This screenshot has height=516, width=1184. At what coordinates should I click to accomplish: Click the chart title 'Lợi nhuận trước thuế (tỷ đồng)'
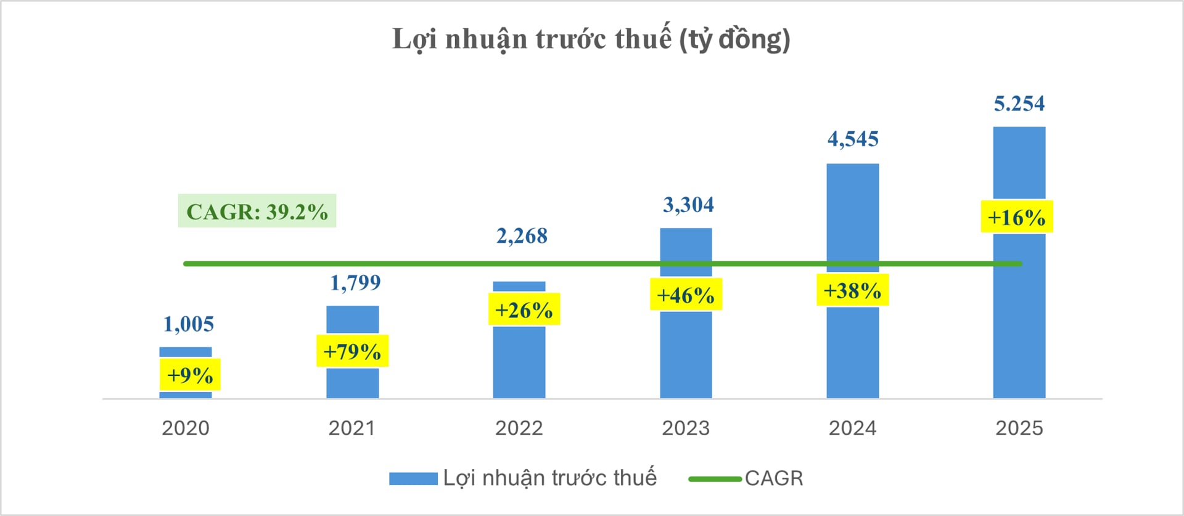(x=591, y=39)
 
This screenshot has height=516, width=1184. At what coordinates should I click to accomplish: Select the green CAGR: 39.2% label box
(x=257, y=211)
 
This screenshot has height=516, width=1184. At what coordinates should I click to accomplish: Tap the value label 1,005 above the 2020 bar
(x=189, y=324)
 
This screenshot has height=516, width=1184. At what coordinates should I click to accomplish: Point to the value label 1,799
(x=355, y=283)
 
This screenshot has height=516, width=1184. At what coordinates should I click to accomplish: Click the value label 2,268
(x=522, y=236)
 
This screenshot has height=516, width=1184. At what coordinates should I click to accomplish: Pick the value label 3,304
(x=688, y=205)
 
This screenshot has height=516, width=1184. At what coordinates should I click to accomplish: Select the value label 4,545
(x=853, y=139)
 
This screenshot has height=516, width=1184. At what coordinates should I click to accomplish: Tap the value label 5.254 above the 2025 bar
(x=1019, y=104)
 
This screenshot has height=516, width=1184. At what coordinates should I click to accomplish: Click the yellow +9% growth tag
(x=190, y=375)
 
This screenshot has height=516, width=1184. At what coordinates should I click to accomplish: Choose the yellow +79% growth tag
(x=352, y=351)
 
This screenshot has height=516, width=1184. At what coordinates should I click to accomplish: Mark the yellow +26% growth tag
(x=524, y=309)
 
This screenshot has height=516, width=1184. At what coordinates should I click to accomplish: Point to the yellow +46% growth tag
(x=686, y=295)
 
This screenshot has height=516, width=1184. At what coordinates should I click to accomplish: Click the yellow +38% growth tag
(x=852, y=290)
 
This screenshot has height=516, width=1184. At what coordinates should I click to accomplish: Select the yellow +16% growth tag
(x=1016, y=217)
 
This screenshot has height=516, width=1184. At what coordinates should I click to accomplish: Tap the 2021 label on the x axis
(x=351, y=428)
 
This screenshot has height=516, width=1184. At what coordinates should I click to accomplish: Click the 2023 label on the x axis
(x=686, y=428)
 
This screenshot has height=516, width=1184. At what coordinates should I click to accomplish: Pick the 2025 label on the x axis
(x=1019, y=428)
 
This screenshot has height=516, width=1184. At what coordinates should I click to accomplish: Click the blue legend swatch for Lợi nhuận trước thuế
(x=413, y=479)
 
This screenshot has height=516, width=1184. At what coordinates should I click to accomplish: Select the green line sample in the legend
(x=715, y=479)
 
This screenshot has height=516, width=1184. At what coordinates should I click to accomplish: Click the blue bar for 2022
(x=519, y=364)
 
